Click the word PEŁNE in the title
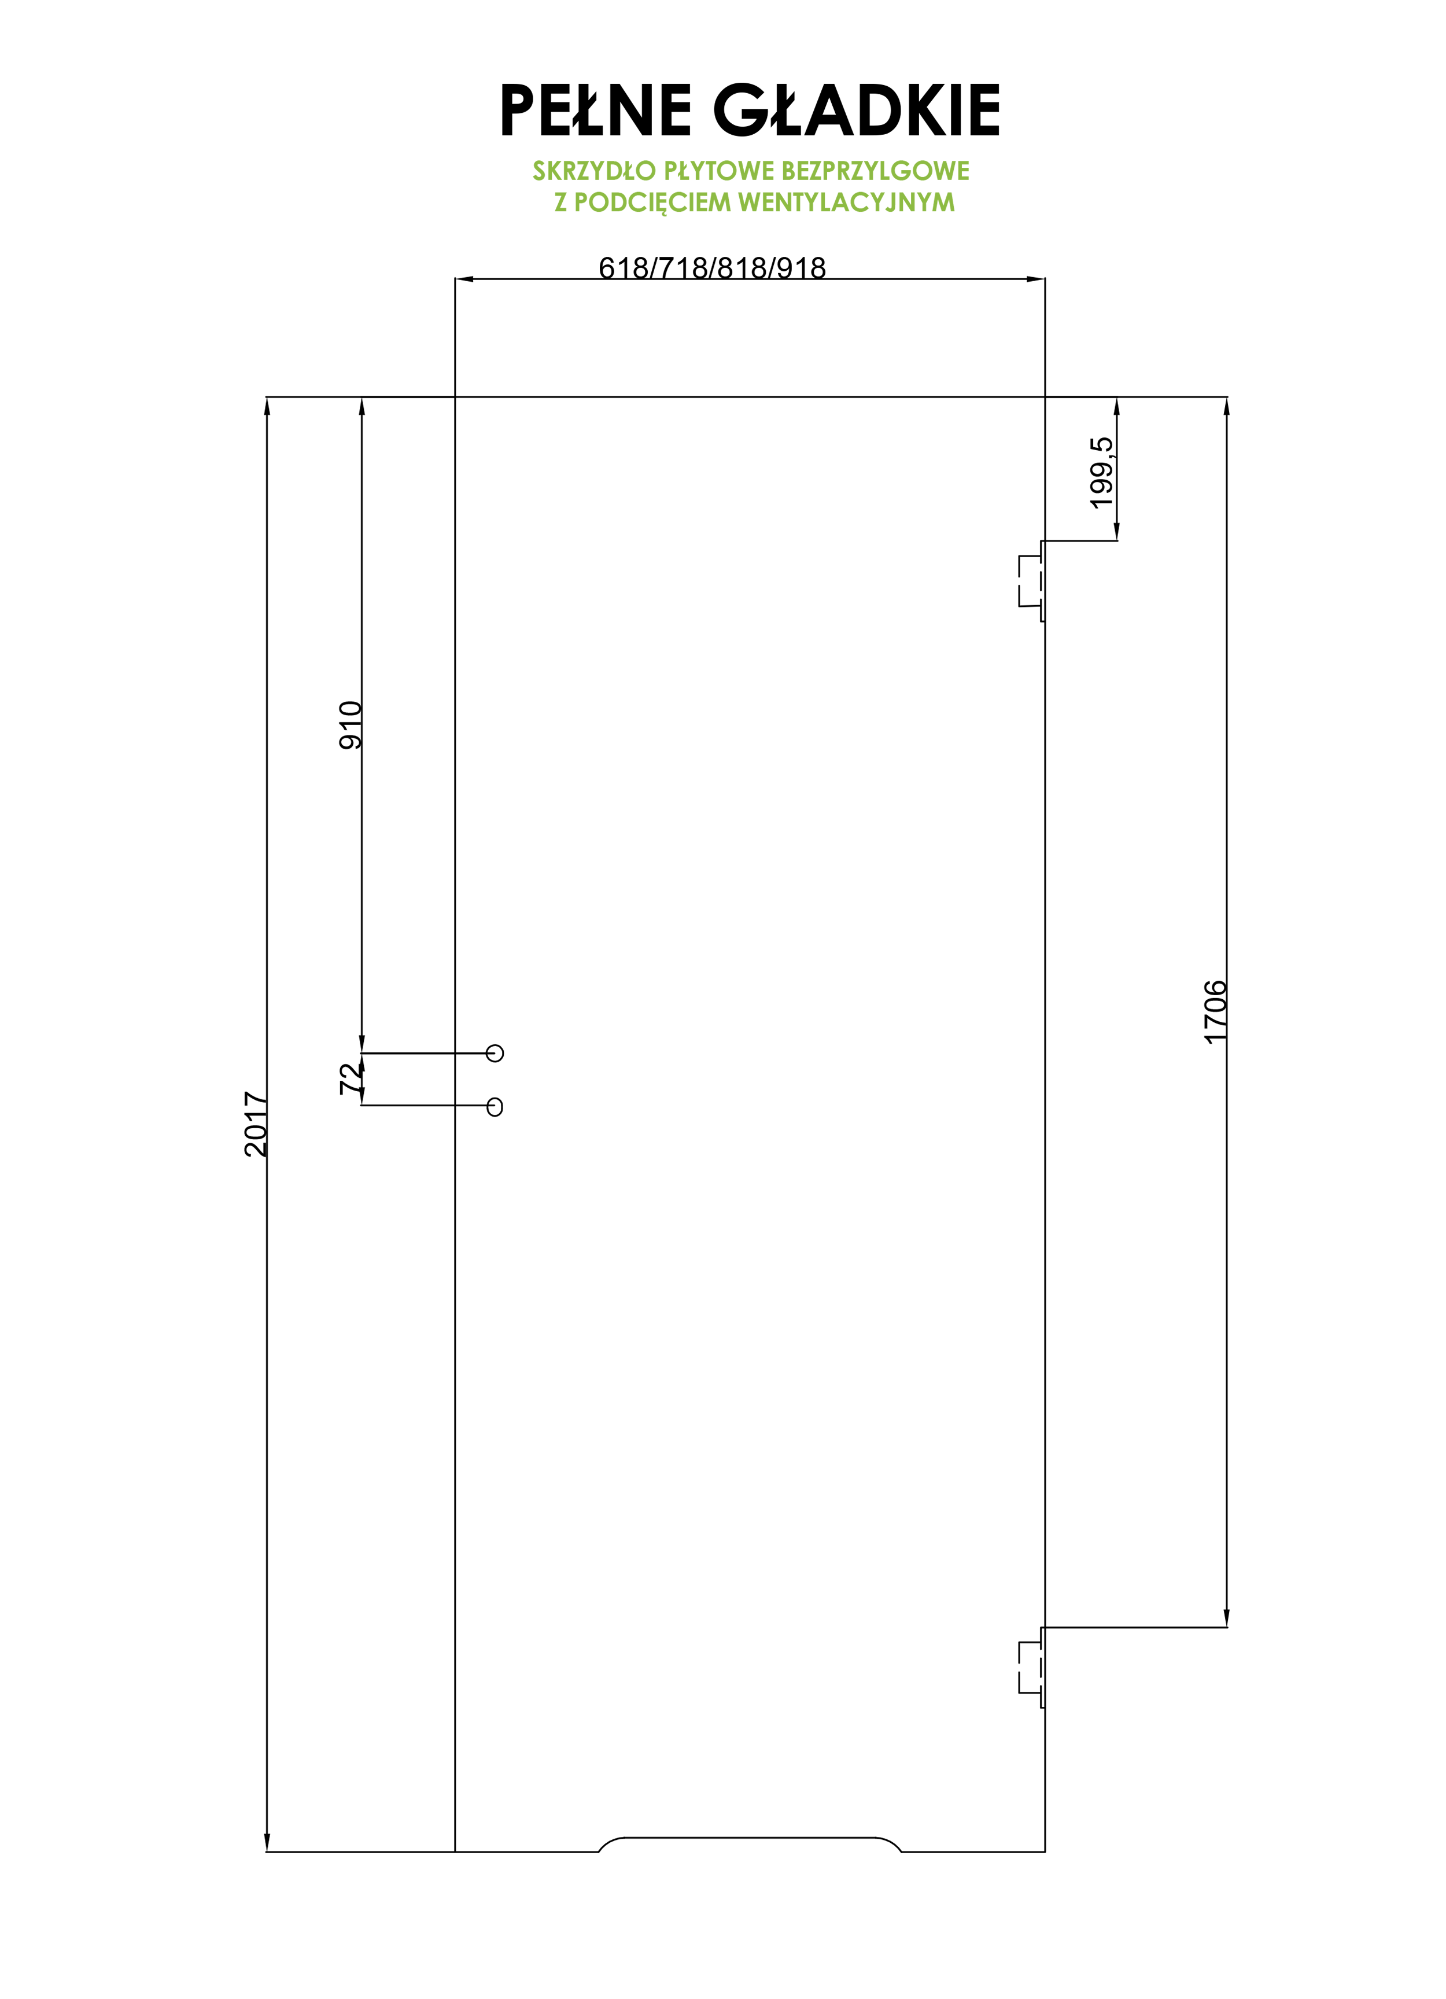click(596, 110)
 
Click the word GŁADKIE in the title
click(857, 110)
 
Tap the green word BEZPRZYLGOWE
click(875, 171)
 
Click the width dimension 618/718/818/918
click(712, 267)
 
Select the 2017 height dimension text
click(256, 1124)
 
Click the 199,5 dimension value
click(1101, 473)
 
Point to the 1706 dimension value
click(1215, 1012)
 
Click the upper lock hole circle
click(495, 1052)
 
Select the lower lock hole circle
click(495, 1106)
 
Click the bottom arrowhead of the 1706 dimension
click(1227, 1617)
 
